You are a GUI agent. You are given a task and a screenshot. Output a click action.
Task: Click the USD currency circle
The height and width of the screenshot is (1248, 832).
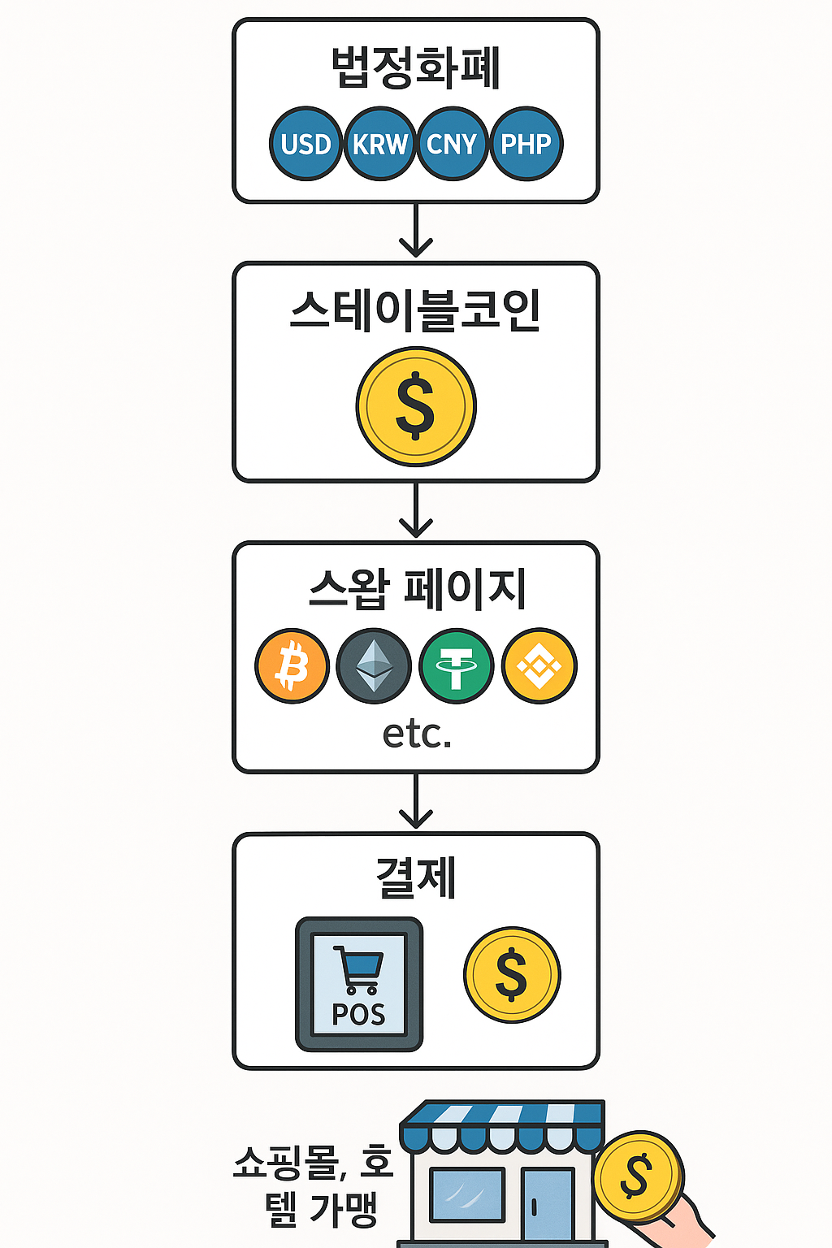tap(305, 144)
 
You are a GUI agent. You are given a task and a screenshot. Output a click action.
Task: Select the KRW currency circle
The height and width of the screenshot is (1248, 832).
tap(379, 144)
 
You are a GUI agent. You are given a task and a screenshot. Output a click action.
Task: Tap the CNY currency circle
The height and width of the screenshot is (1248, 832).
tap(452, 144)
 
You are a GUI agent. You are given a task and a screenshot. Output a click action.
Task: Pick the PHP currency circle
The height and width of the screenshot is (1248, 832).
tap(526, 144)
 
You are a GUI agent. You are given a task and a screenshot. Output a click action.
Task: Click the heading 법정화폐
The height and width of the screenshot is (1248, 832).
tap(415, 67)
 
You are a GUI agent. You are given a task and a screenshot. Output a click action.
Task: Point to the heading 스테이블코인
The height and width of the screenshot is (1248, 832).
tap(415, 310)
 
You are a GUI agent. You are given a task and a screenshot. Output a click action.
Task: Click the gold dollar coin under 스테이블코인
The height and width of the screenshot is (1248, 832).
tap(416, 406)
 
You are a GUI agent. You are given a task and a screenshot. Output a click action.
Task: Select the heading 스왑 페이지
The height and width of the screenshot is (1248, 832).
tap(417, 588)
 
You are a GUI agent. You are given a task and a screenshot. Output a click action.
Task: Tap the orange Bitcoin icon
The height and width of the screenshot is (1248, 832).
tap(292, 665)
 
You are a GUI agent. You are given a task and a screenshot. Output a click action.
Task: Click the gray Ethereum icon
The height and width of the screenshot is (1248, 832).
tap(374, 665)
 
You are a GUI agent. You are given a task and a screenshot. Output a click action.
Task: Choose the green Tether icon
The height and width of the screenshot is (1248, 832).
tap(457, 665)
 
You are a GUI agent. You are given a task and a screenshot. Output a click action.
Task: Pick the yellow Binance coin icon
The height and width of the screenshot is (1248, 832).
tap(539, 665)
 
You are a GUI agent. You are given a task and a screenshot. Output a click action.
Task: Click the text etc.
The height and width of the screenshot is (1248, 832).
tap(417, 734)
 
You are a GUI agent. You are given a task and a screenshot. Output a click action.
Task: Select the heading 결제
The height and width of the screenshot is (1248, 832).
tap(415, 877)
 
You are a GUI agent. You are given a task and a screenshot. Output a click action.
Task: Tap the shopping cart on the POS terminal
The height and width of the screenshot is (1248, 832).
tap(358, 969)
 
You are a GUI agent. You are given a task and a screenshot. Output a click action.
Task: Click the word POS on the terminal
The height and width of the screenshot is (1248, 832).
tap(358, 1014)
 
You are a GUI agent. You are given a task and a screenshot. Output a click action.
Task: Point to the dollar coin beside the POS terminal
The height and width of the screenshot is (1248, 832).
tap(512, 975)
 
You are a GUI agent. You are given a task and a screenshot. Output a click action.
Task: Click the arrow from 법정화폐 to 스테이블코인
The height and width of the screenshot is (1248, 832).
tap(415, 232)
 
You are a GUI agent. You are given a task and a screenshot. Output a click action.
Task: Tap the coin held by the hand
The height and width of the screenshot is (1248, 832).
tap(637, 1176)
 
